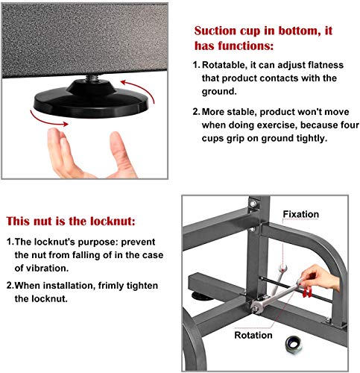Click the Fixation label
[x=301, y=214]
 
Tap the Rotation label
[x=253, y=335]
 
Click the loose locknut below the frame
[x=294, y=345]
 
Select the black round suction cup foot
[x=91, y=99]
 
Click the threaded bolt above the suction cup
[x=92, y=78]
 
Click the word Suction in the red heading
[x=215, y=31]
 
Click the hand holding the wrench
[x=320, y=277]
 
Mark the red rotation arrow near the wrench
[x=307, y=292]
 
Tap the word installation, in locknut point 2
[x=69, y=286]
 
